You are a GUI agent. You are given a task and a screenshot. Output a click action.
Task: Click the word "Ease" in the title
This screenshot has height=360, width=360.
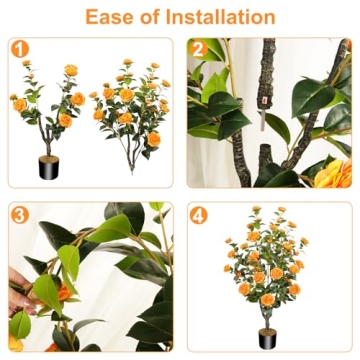tap(112, 17)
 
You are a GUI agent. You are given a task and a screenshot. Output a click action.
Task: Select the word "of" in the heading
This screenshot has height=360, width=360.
tap(153, 17)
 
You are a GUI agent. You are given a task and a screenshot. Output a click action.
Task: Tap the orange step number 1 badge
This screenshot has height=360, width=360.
tap(18, 48)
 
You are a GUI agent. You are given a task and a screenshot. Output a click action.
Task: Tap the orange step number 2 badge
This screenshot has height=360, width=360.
tap(197, 48)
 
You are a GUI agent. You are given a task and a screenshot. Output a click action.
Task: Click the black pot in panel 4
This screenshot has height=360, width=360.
tap(267, 337)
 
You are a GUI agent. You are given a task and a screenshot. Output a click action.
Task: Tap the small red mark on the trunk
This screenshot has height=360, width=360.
tap(263, 100)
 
